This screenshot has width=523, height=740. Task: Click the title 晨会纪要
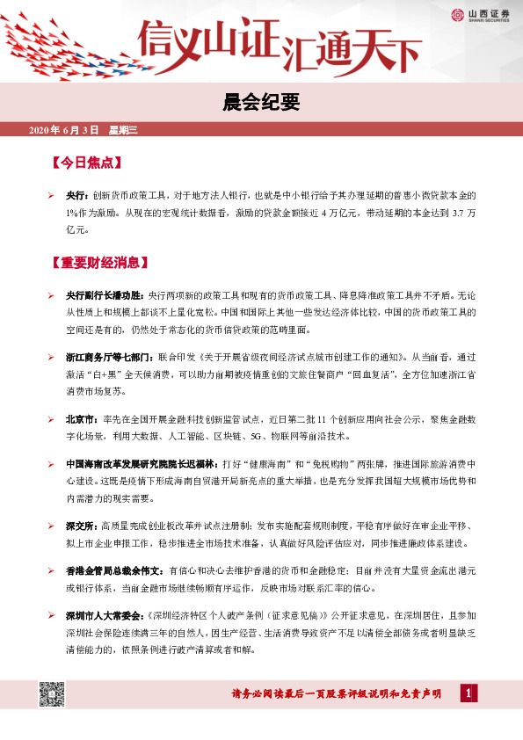click(x=262, y=103)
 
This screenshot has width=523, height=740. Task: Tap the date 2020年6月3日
click(x=64, y=131)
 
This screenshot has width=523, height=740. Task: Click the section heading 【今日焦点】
click(x=85, y=163)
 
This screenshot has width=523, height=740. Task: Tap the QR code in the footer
click(x=49, y=693)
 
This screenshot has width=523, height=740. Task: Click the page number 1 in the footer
click(x=470, y=694)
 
